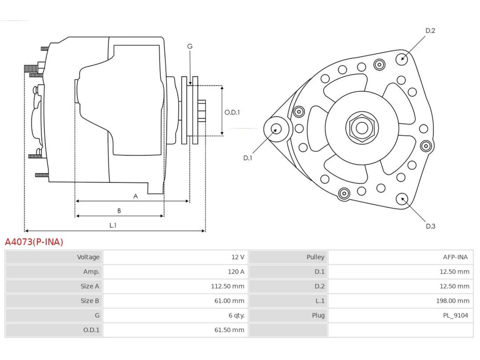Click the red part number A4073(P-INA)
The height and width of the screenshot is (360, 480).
pyautogui.click(x=34, y=242)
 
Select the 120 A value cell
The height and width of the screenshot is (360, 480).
pyautogui.click(x=236, y=272)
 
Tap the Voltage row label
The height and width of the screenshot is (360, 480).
pyautogui.click(x=88, y=257)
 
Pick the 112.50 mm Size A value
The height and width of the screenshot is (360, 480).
pyautogui.click(x=227, y=286)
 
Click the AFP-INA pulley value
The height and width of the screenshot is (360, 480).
pyautogui.click(x=455, y=257)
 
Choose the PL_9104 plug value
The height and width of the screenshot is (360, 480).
pyautogui.click(x=456, y=315)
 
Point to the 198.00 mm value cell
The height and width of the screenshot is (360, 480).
pyautogui.click(x=453, y=301)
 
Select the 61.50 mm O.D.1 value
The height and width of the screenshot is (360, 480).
pyautogui.click(x=229, y=330)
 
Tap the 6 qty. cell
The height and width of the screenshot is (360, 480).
pyautogui.click(x=237, y=315)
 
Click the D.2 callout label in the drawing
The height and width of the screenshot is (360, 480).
pyautogui.click(x=430, y=31)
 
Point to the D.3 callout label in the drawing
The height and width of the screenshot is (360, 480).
pyautogui.click(x=430, y=226)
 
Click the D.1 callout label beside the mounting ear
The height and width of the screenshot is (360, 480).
pyautogui.click(x=248, y=158)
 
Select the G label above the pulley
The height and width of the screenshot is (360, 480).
pyautogui.click(x=190, y=46)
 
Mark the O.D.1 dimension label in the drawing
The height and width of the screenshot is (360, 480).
pyautogui.click(x=232, y=112)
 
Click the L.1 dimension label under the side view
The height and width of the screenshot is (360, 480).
pyautogui.click(x=113, y=225)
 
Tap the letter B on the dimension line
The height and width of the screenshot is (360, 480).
pyautogui.click(x=119, y=211)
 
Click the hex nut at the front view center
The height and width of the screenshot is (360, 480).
pyautogui.click(x=362, y=128)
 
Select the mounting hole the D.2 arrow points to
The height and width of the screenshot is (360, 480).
pyautogui.click(x=402, y=59)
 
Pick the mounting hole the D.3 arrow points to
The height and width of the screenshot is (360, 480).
pyautogui.click(x=402, y=199)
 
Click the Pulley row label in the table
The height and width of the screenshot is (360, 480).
pyautogui.click(x=315, y=257)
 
